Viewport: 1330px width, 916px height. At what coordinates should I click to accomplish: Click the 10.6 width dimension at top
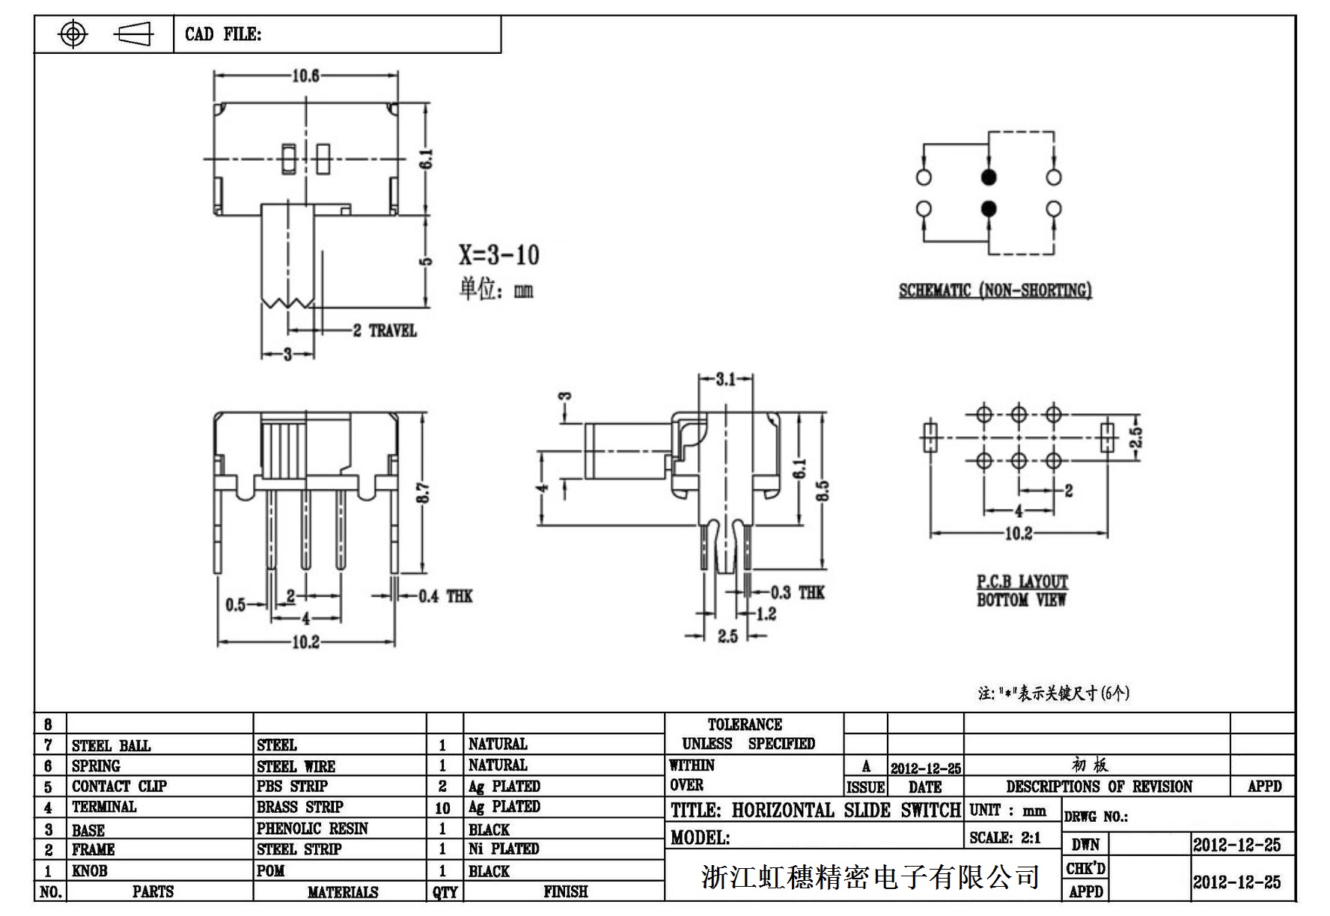click(305, 76)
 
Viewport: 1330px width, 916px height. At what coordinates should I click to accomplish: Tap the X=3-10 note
click(498, 255)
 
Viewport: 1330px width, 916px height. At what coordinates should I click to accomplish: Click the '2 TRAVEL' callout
click(385, 331)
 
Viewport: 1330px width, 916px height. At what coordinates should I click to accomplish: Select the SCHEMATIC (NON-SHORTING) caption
click(995, 290)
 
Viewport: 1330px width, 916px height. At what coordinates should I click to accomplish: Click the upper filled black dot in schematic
click(989, 177)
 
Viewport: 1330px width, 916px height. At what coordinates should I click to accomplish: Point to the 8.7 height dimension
click(423, 492)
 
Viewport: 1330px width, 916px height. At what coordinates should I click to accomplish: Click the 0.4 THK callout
click(445, 596)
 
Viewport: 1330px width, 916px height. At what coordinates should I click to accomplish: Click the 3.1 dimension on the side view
click(725, 379)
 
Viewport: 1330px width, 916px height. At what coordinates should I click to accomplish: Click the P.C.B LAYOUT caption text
click(1022, 582)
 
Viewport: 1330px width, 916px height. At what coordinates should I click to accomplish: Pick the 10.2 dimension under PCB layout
click(1018, 534)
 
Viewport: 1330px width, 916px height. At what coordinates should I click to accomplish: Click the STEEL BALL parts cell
click(111, 745)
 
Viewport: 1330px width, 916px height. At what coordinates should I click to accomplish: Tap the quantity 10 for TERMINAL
click(442, 808)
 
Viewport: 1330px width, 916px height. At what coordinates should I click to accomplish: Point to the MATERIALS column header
click(343, 892)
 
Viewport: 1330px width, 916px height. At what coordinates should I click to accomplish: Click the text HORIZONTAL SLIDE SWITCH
click(846, 810)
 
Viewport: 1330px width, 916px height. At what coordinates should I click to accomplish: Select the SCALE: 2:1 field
click(1004, 838)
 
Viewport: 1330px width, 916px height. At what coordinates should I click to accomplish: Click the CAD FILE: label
click(223, 34)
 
